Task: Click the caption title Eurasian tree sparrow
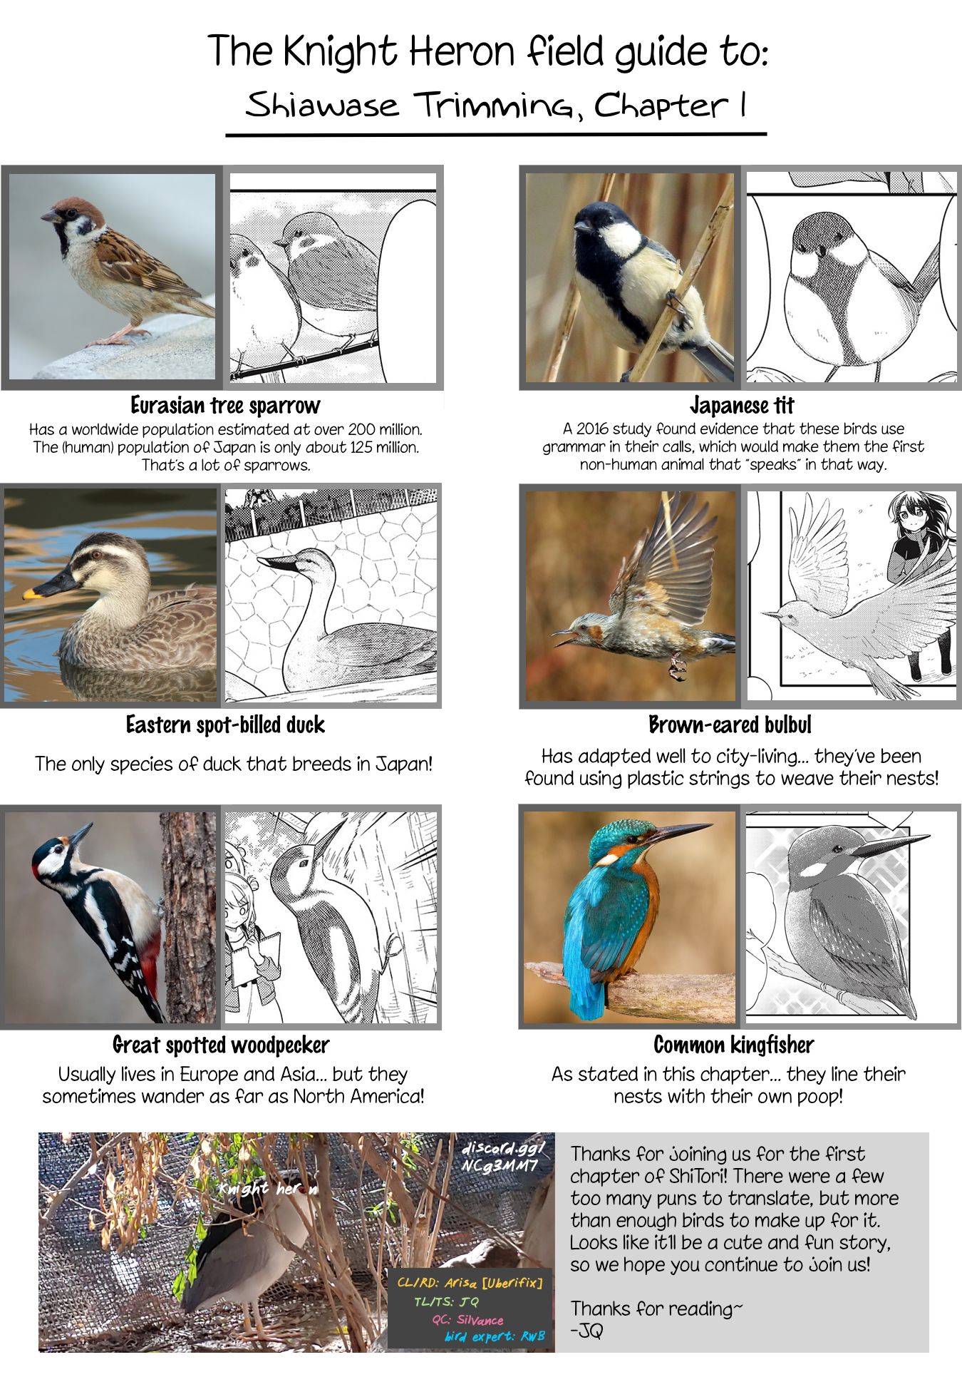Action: click(x=226, y=405)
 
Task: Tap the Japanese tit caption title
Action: click(x=742, y=405)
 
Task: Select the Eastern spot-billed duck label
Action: click(x=225, y=725)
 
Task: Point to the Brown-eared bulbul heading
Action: click(x=730, y=725)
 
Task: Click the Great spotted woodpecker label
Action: click(x=221, y=1045)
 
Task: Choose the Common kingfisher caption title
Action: click(x=733, y=1045)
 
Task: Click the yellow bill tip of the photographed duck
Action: click(x=30, y=593)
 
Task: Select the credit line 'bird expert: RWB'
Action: click(x=495, y=1336)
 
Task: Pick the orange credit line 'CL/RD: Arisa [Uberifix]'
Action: click(x=470, y=1283)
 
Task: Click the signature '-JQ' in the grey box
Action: click(x=586, y=1331)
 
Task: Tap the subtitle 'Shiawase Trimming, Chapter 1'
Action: click(x=496, y=106)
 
